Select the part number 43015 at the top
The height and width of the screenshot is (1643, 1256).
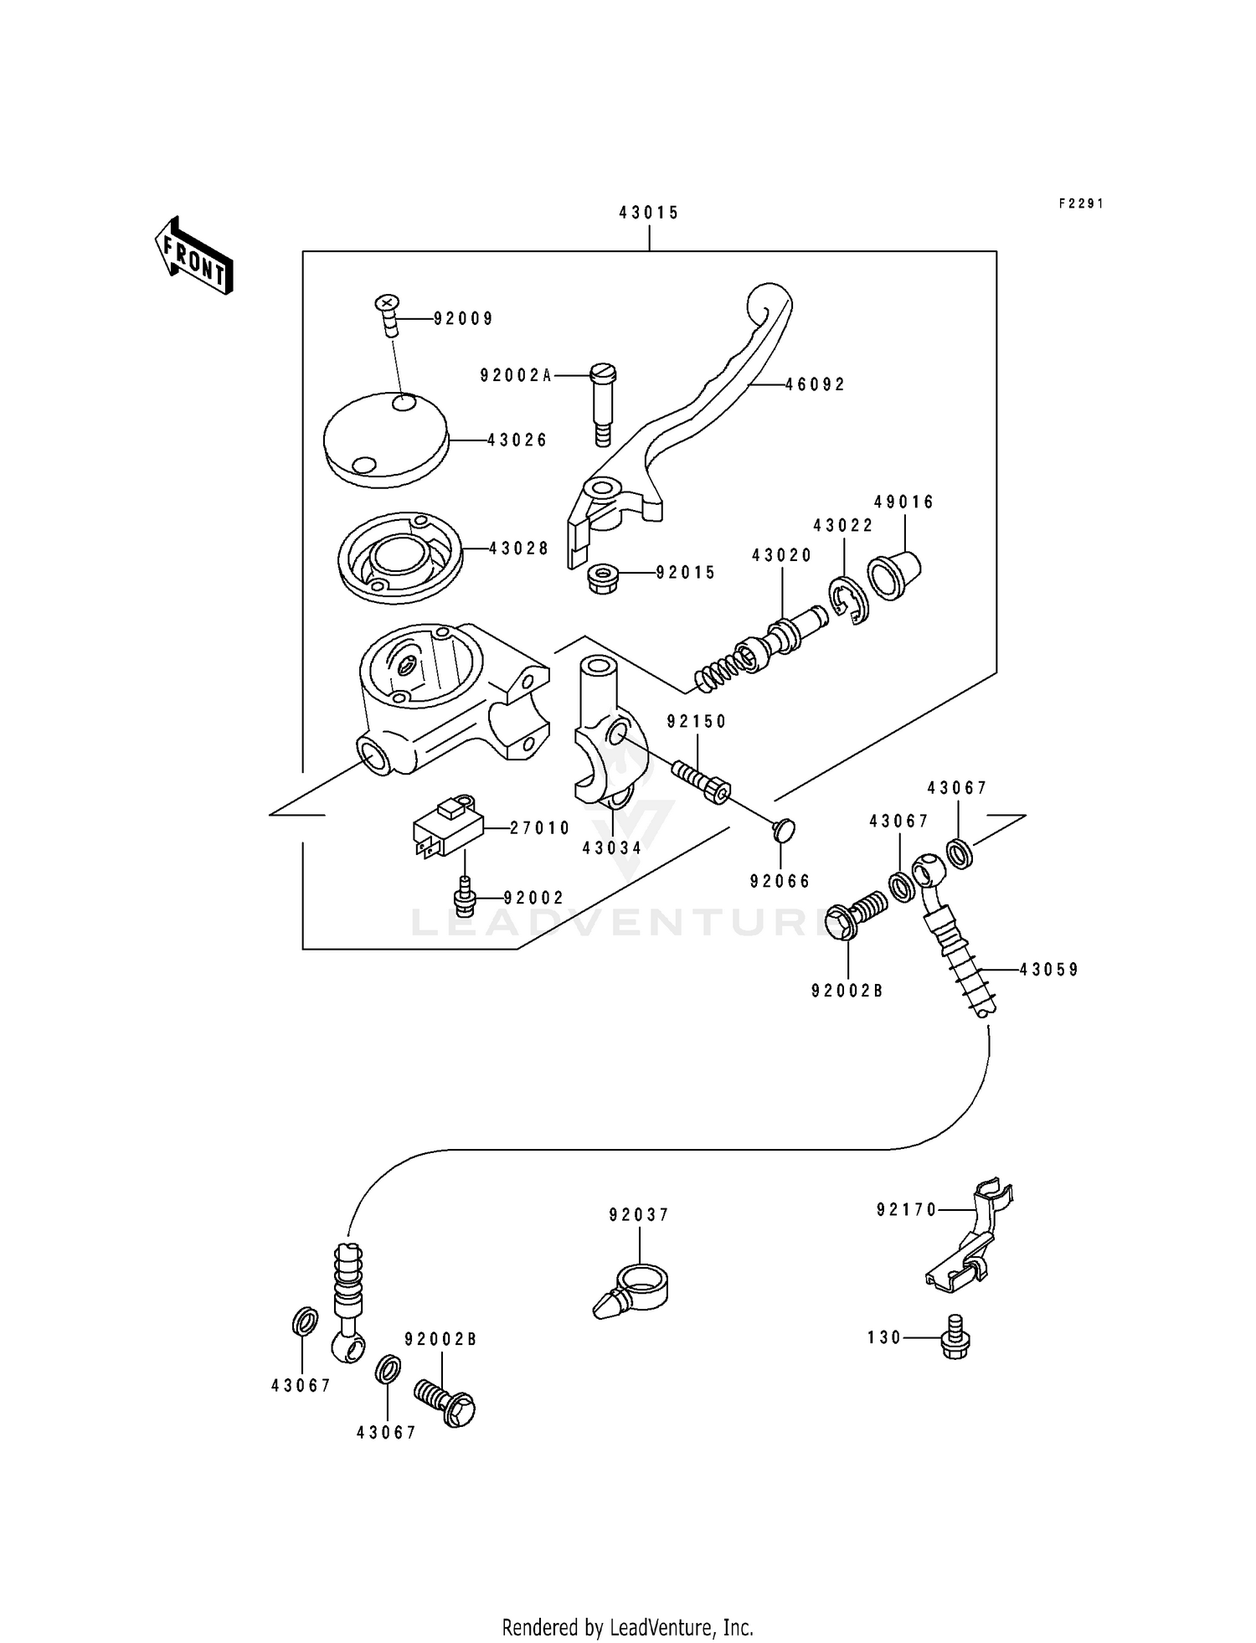click(x=649, y=213)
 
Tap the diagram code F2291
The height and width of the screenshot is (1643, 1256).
click(x=1081, y=203)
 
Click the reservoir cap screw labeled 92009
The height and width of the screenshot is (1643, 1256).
click(x=389, y=314)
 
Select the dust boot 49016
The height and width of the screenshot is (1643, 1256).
click(x=893, y=574)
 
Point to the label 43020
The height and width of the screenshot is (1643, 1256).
click(x=781, y=555)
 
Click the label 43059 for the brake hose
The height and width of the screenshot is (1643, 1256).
click(x=1049, y=970)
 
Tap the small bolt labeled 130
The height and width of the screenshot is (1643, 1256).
click(x=955, y=1337)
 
